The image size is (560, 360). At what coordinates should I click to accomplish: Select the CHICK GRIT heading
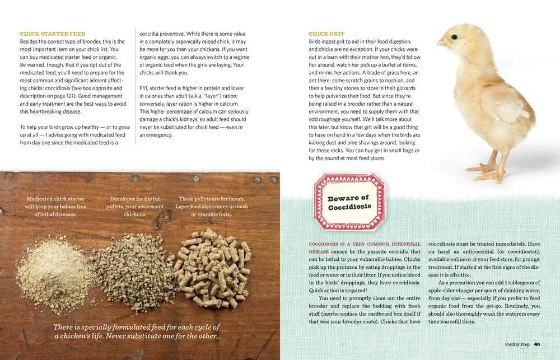pyautogui.click(x=326, y=34)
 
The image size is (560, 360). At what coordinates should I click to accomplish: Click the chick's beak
pyautogui.click(x=441, y=42)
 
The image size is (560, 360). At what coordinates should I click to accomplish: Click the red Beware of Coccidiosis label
pyautogui.click(x=349, y=202)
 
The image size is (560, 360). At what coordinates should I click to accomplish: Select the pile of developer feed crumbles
pyautogui.click(x=132, y=278)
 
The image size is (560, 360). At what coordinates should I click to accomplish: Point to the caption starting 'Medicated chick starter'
pyautogui.click(x=55, y=207)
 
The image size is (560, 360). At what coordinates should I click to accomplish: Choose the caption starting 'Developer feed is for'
pyautogui.click(x=135, y=207)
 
